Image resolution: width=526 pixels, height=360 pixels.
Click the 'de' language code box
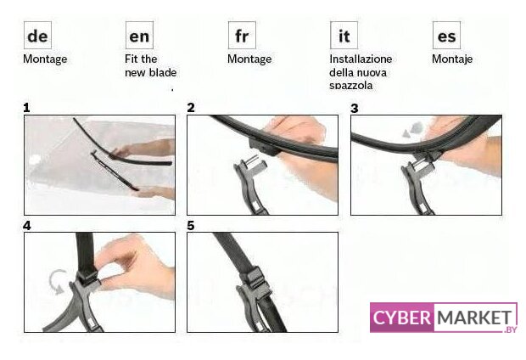[x=37, y=36]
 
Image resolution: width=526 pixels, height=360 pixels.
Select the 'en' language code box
[x=139, y=36]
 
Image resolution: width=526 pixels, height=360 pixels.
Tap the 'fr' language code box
[x=242, y=36]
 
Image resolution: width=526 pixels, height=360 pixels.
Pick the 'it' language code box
[x=344, y=36]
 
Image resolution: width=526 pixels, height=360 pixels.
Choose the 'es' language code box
[x=446, y=36]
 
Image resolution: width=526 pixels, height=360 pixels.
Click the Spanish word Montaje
[x=452, y=59]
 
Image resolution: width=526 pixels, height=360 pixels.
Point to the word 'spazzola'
[x=351, y=86]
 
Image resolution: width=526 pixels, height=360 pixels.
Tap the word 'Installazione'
[x=361, y=59]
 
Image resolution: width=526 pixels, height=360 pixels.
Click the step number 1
[x=26, y=108]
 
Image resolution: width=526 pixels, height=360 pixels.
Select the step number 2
[x=191, y=108]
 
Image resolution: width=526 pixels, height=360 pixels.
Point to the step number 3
[x=355, y=109]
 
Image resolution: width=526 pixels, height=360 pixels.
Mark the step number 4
[x=27, y=226]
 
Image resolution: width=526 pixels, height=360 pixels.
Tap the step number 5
[x=191, y=226]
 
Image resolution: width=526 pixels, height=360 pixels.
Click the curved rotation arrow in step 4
[x=52, y=282]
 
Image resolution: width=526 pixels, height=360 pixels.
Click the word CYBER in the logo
[x=402, y=318]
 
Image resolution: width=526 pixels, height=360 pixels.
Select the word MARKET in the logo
[x=474, y=318]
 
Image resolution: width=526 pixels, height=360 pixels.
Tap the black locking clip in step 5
[x=255, y=278]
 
